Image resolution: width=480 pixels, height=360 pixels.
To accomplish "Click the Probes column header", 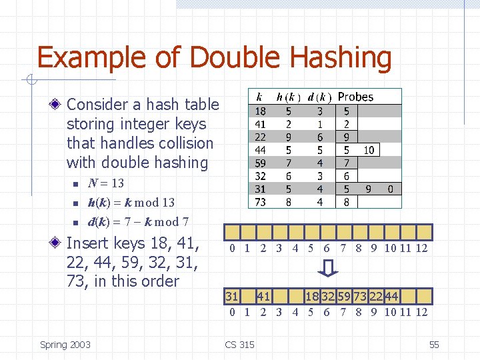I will (x=355, y=97).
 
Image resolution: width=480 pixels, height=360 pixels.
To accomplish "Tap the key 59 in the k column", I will (x=261, y=163).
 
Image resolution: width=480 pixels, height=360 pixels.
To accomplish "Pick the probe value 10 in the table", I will (x=369, y=151).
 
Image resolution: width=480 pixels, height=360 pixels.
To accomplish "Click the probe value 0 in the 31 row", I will (x=391, y=189).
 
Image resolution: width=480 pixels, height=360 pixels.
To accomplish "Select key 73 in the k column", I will (x=261, y=202).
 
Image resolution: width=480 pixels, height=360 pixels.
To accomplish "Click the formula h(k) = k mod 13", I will (x=131, y=202).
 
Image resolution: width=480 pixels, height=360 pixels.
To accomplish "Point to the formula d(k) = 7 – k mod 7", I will (x=138, y=221).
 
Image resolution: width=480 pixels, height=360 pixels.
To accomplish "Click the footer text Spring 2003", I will (x=65, y=345).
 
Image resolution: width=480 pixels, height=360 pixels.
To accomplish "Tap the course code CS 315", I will (x=240, y=345).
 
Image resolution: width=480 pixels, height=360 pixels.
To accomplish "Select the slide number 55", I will (x=434, y=345).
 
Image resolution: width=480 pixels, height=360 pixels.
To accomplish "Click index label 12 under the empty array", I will (x=421, y=249).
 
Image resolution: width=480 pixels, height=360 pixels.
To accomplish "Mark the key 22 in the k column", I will (x=261, y=137).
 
